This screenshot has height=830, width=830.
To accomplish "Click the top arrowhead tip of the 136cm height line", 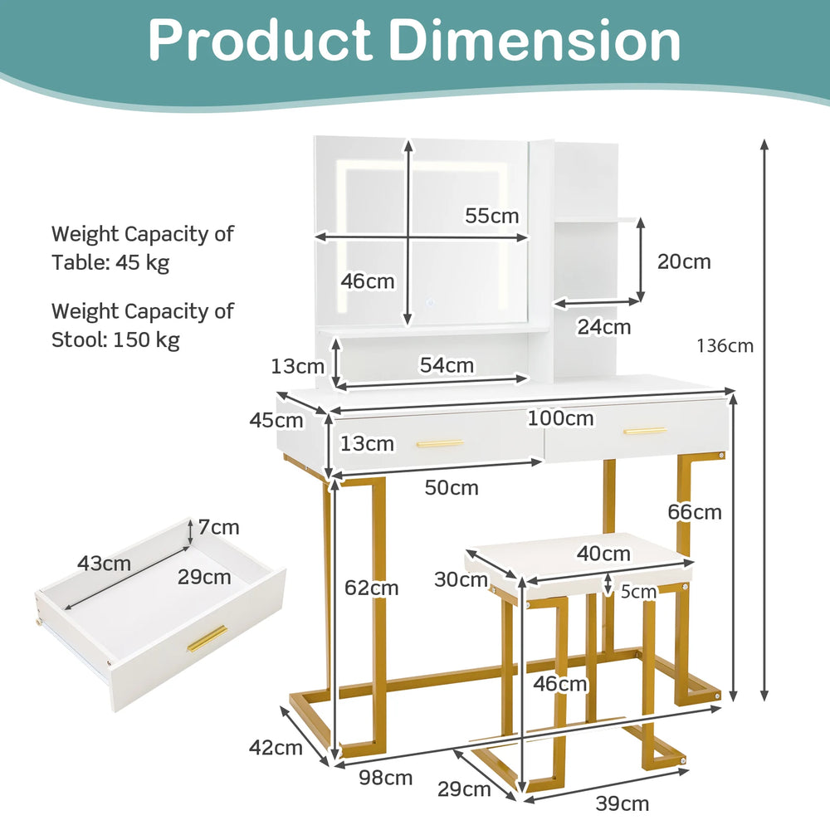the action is [x=764, y=139].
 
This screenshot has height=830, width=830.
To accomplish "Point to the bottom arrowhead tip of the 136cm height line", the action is [x=764, y=701].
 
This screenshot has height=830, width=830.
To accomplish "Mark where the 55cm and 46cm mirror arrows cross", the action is [x=408, y=237].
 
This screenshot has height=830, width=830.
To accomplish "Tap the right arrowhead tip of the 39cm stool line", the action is [x=689, y=772].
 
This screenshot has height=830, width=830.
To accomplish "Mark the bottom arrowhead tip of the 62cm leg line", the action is [x=333, y=760].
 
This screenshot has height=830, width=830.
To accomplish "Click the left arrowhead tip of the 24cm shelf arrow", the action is [x=554, y=305].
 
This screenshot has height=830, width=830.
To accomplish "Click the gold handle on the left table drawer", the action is [x=440, y=443].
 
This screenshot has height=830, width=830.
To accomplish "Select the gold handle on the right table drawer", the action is [x=644, y=431].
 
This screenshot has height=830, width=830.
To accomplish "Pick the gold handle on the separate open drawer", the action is [x=207, y=639].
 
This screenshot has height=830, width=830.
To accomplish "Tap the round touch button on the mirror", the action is [x=430, y=303].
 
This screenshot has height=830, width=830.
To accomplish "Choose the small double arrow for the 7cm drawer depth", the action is [x=191, y=532].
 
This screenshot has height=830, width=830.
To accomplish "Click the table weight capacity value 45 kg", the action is [x=142, y=262].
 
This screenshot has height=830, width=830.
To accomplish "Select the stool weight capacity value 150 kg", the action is [x=147, y=339].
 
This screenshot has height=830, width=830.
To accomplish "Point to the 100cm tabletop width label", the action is [x=560, y=418].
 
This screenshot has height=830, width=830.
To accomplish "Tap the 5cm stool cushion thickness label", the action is [x=638, y=592].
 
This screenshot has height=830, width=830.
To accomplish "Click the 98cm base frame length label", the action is [x=385, y=778].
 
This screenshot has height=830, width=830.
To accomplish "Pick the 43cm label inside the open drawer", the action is [x=104, y=564].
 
